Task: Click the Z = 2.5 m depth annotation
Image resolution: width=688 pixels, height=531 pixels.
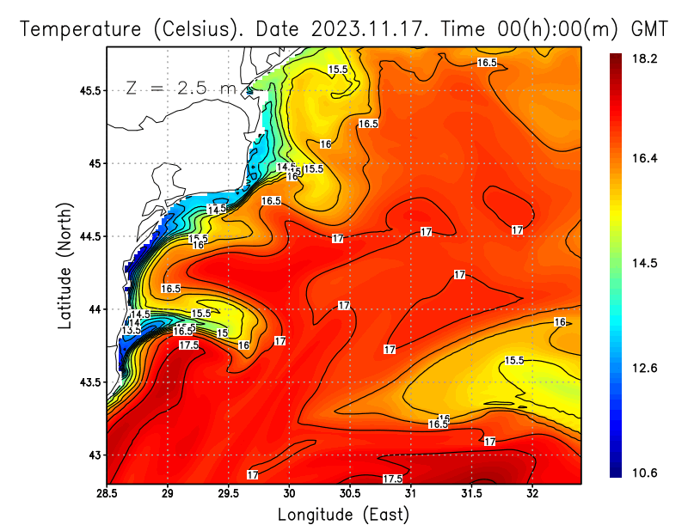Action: click(x=181, y=88)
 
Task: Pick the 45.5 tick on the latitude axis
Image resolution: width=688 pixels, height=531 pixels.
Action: click(x=86, y=90)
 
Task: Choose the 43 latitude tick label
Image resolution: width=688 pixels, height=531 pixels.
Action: click(x=92, y=455)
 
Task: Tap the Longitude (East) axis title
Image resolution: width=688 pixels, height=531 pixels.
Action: click(x=343, y=515)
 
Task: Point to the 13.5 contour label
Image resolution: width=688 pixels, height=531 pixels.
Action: click(x=131, y=330)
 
